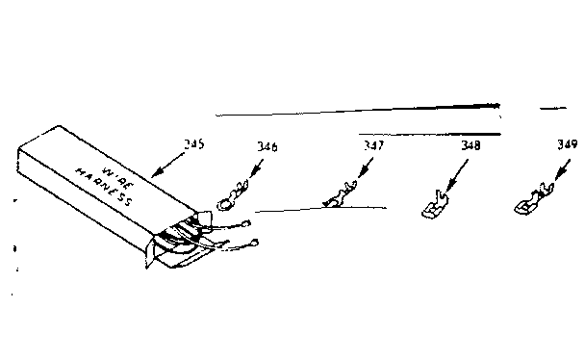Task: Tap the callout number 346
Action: tap(267, 146)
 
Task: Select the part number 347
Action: tap(372, 145)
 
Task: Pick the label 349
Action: tap(568, 145)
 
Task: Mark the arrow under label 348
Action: tap(457, 175)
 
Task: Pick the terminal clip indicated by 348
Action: tap(432, 206)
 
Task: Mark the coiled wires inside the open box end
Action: tap(183, 235)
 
